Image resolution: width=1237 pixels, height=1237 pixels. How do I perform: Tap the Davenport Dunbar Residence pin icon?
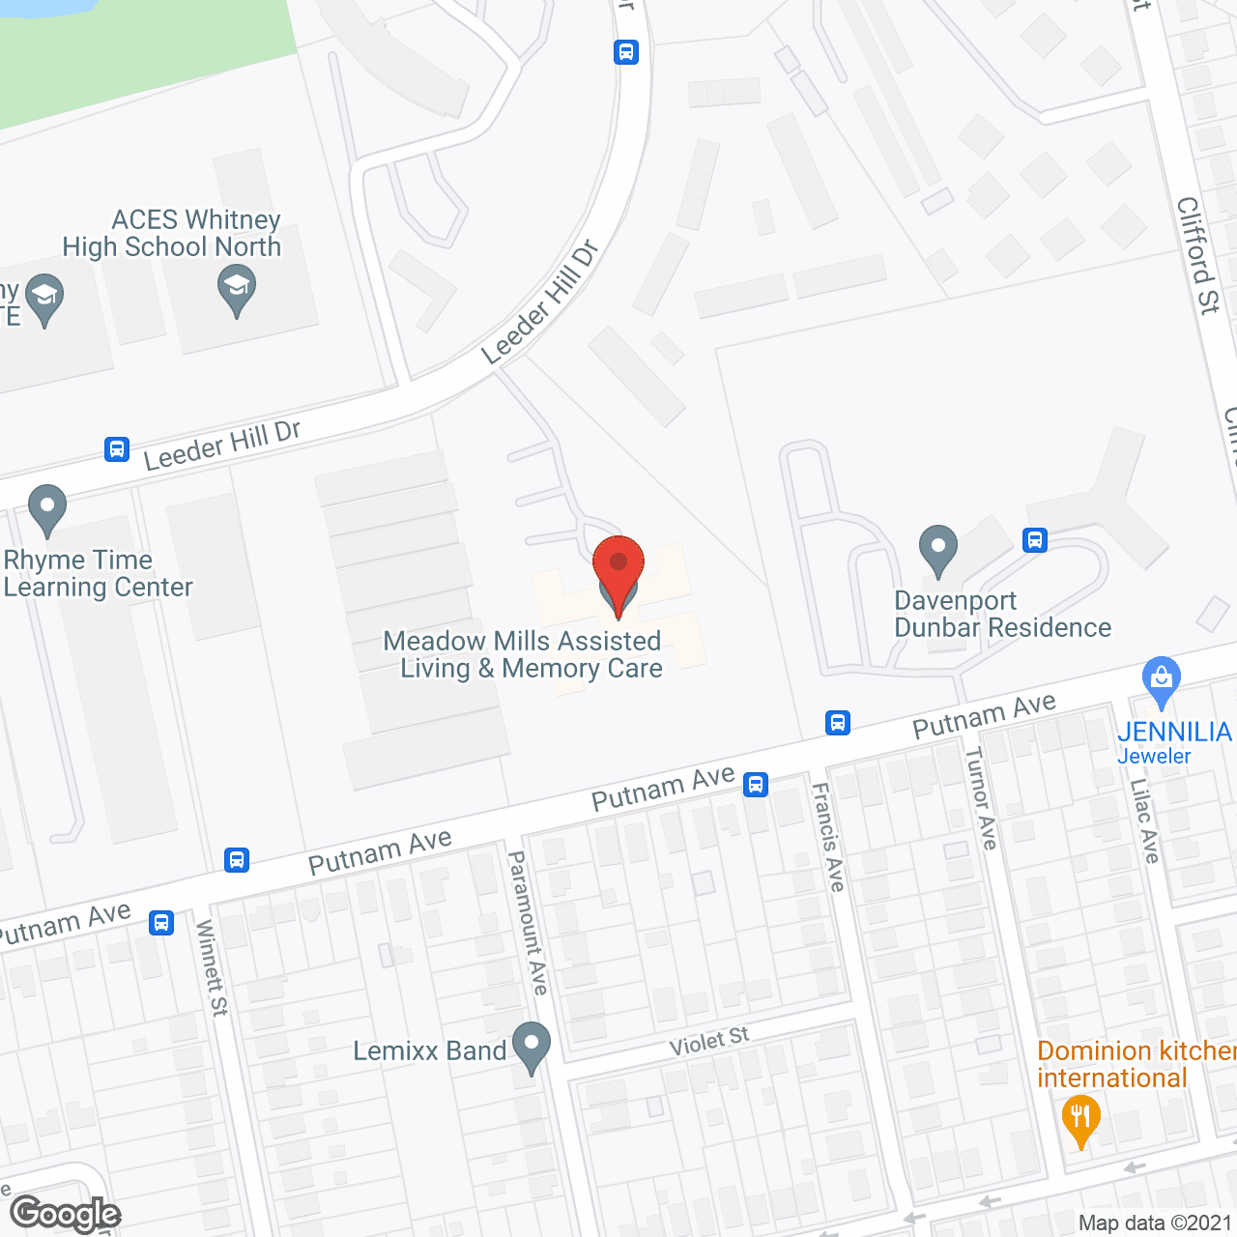(937, 551)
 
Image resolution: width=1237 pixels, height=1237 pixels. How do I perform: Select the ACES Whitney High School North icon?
(237, 291)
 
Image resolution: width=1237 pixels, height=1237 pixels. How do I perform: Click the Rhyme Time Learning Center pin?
(47, 509)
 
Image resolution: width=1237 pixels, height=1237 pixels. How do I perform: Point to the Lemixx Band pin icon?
(531, 1047)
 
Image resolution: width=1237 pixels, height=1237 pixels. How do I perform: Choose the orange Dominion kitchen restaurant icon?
(1080, 1120)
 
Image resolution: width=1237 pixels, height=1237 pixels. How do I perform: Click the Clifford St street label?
(1198, 255)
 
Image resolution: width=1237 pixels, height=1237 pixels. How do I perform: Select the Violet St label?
(709, 1042)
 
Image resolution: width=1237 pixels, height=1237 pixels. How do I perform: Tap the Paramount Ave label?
(529, 922)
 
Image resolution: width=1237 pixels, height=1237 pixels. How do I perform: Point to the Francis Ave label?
(828, 836)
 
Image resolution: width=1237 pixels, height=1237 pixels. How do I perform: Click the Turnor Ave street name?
(981, 797)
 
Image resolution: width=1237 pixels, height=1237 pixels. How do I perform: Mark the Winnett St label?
(212, 966)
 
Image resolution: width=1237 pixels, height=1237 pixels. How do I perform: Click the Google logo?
(66, 1214)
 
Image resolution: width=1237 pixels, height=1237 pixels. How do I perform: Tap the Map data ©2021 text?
(1155, 1223)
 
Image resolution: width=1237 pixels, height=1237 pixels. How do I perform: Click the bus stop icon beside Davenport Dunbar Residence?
(1035, 539)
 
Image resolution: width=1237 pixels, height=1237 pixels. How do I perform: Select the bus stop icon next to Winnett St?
(161, 922)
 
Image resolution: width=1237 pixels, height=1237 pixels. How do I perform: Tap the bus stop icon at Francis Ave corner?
(838, 722)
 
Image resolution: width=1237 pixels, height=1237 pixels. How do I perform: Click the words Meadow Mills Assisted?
(522, 641)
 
